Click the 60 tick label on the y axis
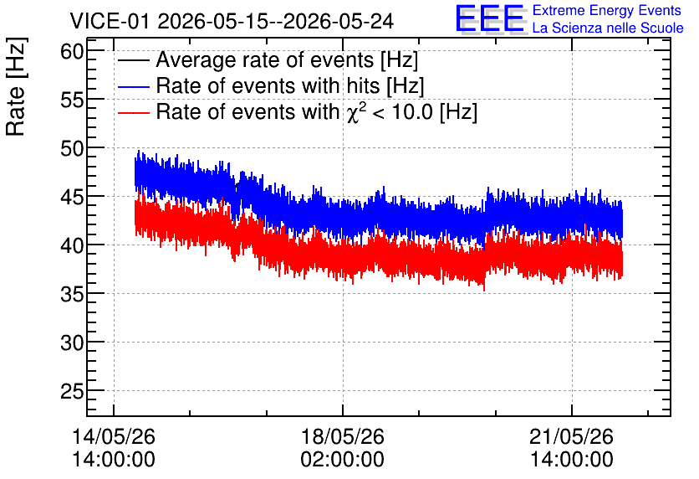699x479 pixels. coord(72,51)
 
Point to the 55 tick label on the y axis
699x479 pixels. coord(72,100)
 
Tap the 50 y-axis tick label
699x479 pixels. coord(72,149)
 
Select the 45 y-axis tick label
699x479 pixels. coord(72,197)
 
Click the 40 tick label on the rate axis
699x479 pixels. coord(72,245)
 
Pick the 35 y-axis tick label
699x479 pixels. coord(72,294)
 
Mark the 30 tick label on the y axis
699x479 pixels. coord(72,343)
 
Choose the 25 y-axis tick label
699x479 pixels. coord(72,392)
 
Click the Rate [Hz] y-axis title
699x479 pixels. coord(16,86)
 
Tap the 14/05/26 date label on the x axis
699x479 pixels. coord(114,436)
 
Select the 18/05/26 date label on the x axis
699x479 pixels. coord(342,436)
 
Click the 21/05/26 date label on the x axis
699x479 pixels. coord(572,436)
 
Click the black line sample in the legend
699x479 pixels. coord(133,60)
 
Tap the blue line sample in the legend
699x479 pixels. coord(133,86)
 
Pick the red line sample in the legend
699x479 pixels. coord(133,112)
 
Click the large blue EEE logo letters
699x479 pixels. coord(491,18)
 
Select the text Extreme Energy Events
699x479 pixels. coord(607,10)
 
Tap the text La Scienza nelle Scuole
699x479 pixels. coord(608,28)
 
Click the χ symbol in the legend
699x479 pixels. coord(353,114)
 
